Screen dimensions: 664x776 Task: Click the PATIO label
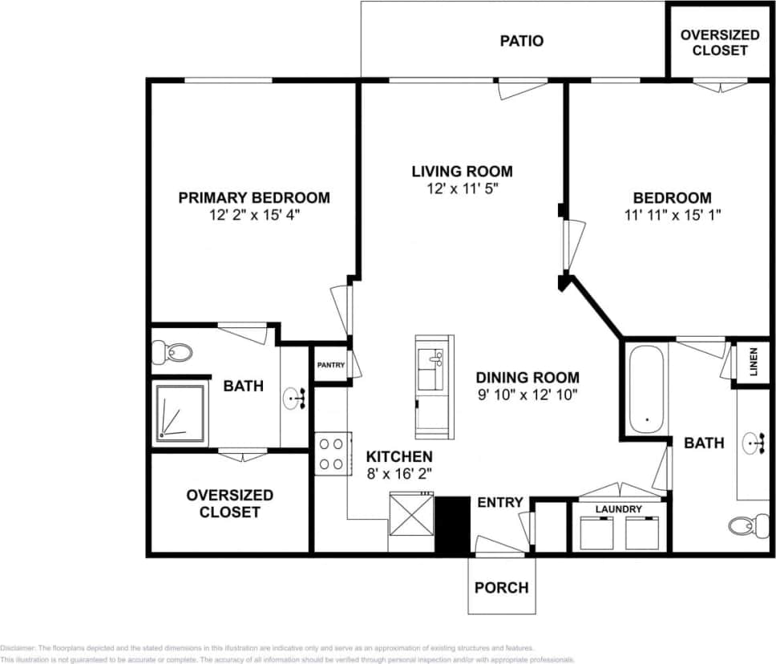point(522,40)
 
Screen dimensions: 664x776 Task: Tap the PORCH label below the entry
point(502,587)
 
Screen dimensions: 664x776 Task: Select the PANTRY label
point(330,365)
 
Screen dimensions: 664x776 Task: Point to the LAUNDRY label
point(618,509)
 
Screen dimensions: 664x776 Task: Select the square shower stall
point(180,412)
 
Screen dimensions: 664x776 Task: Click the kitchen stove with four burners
point(331,453)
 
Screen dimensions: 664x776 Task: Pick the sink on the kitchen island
point(434,358)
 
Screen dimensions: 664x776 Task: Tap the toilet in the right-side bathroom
point(744,526)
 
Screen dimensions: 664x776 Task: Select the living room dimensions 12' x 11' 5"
point(462,189)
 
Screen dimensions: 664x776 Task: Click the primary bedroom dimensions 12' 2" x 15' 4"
point(254,215)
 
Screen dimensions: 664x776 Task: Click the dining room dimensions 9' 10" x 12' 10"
point(527,395)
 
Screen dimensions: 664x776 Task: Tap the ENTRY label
point(500,503)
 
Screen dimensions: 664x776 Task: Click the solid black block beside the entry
point(451,524)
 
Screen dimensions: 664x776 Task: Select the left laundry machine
point(596,533)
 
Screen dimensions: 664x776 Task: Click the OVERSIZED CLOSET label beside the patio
point(720,43)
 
